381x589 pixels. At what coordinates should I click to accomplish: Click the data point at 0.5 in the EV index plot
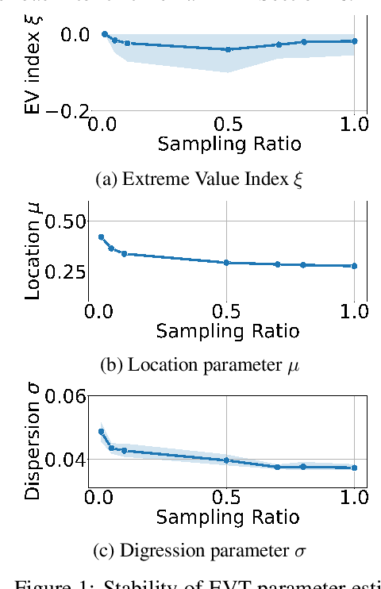(x=228, y=49)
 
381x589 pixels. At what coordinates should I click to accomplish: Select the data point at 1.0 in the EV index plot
(x=354, y=40)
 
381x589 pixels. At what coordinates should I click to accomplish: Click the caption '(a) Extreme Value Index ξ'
(x=198, y=180)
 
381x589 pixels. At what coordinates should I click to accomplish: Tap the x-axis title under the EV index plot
(x=229, y=144)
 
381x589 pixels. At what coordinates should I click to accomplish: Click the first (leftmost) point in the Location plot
(x=101, y=237)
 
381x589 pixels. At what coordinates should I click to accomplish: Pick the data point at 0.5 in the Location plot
(x=228, y=263)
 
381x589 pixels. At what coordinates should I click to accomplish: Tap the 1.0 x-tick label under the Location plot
(x=354, y=311)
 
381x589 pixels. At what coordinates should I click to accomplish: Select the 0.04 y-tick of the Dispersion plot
(x=61, y=460)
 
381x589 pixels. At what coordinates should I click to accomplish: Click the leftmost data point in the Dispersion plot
(x=101, y=432)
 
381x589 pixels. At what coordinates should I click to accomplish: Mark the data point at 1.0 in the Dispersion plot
(x=354, y=468)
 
